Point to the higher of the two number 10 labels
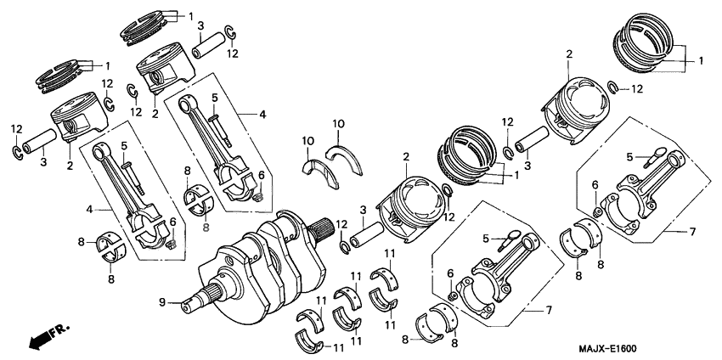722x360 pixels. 338,124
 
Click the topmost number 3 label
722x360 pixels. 200,26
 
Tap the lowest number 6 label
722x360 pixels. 450,272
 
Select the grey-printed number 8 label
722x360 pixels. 205,228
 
